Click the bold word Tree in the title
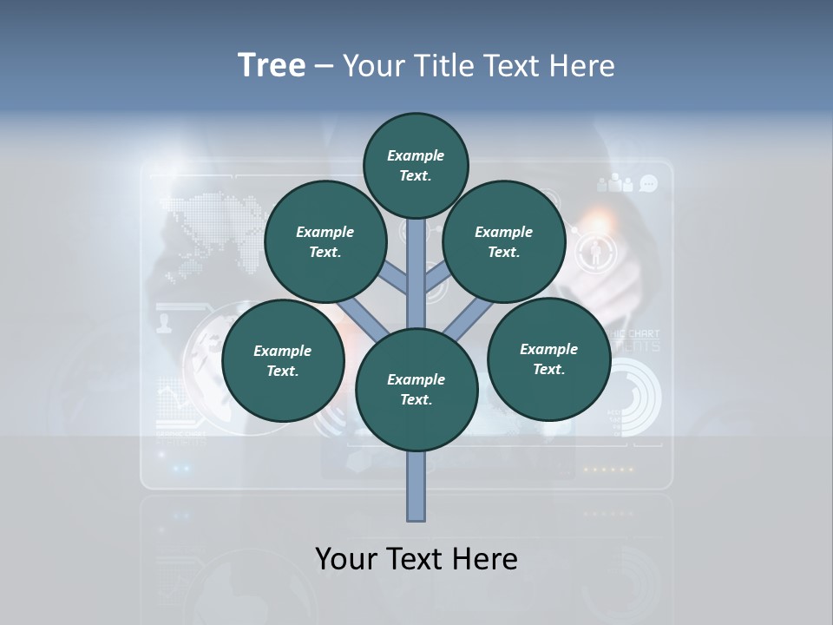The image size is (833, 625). [272, 65]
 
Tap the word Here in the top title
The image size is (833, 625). [583, 65]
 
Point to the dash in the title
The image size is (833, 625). [324, 67]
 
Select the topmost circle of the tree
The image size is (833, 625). [416, 165]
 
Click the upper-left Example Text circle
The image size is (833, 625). [325, 241]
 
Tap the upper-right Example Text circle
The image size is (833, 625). [503, 241]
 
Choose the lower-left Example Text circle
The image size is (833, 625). [283, 360]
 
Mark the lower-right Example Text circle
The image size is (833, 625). [548, 359]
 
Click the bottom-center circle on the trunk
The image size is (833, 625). [416, 389]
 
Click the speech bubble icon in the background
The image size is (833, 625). [648, 183]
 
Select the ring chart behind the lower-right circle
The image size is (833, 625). [637, 396]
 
